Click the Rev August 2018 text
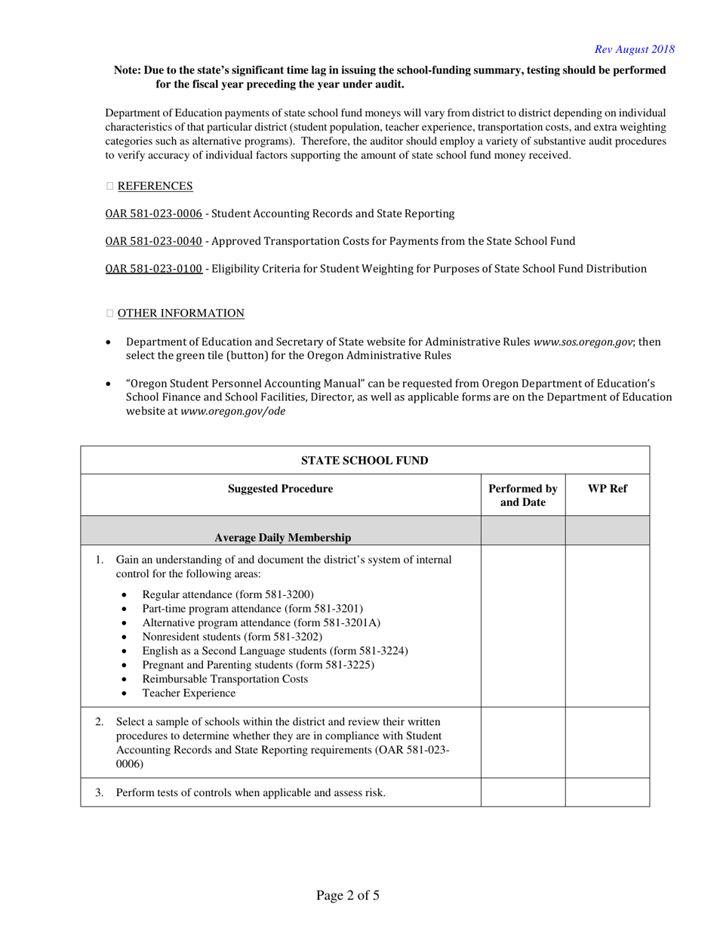tap(634, 49)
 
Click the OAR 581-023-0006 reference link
tap(153, 214)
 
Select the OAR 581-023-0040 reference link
tap(153, 241)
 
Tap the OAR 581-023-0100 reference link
tap(153, 268)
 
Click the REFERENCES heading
tap(155, 186)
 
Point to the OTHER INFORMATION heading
tap(180, 313)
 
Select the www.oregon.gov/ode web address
tap(233, 411)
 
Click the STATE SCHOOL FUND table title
tap(365, 461)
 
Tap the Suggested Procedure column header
tap(281, 489)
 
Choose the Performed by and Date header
tap(522, 495)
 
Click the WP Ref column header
tap(607, 489)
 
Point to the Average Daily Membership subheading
tap(282, 538)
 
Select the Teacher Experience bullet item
tap(189, 693)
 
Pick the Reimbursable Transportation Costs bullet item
tap(225, 678)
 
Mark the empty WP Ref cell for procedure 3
tap(607, 793)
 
